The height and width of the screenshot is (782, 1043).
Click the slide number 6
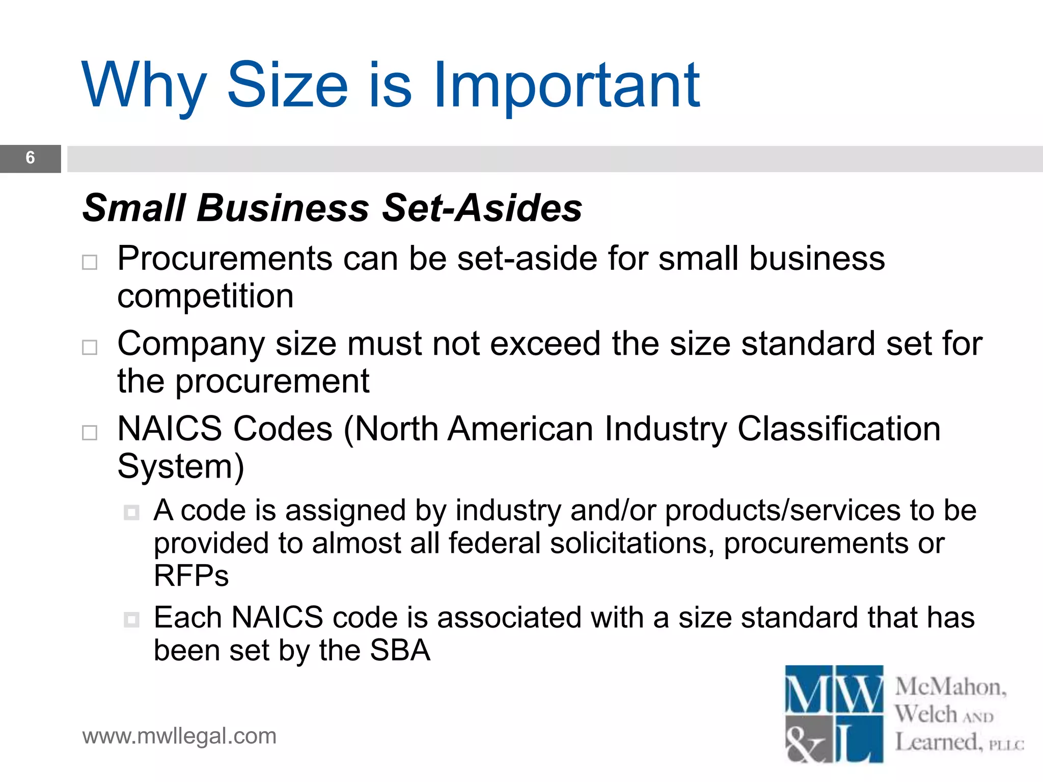pos(30,158)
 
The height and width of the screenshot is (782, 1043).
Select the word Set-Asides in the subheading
pos(482,208)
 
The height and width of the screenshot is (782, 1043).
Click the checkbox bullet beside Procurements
pos(90,262)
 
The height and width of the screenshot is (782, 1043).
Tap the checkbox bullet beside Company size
pos(90,347)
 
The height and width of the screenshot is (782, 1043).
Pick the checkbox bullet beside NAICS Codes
pos(90,432)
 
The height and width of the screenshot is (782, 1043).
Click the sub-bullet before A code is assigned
pos(131,512)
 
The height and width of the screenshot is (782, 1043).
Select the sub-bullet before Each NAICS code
pos(131,620)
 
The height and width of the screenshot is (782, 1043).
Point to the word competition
pos(205,296)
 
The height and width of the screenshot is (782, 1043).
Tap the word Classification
pos(838,429)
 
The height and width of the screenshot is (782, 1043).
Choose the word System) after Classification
pos(181,466)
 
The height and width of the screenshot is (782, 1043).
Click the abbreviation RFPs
pos(191,576)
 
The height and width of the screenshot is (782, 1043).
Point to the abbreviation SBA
pos(400,651)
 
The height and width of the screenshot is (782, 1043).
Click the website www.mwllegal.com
pos(179,736)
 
